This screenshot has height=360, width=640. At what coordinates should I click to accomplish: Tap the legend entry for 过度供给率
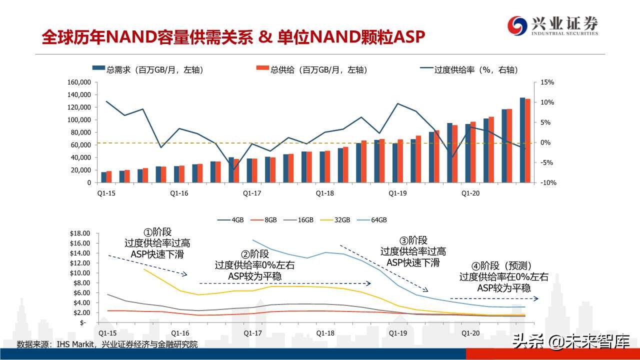pyautogui.click(x=469, y=70)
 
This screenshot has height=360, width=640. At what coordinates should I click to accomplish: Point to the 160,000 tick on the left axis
pyautogui.click(x=78, y=82)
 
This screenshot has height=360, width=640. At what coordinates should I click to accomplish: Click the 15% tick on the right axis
pyautogui.click(x=547, y=82)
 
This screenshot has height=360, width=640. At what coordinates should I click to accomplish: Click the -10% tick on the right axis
pyautogui.click(x=548, y=183)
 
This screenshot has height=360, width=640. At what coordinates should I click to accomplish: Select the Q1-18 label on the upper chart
pyautogui.click(x=325, y=192)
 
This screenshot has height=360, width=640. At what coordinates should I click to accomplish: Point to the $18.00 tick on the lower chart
pyautogui.click(x=79, y=233)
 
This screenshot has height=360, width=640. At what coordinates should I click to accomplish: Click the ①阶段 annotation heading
pyautogui.click(x=157, y=232)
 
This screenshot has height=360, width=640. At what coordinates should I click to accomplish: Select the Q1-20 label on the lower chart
pyautogui.click(x=470, y=333)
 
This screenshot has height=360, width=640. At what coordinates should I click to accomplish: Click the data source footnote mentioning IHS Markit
pyautogui.click(x=107, y=344)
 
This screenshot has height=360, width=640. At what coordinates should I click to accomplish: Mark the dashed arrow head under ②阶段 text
pyautogui.click(x=368, y=283)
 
